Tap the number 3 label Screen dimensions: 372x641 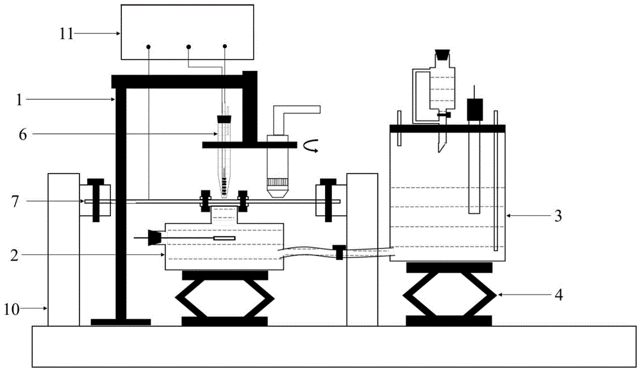558,216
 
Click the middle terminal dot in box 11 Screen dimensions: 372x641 188,47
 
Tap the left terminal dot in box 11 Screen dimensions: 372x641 148,47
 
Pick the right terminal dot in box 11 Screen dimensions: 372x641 225,47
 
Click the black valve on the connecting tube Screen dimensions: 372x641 340,252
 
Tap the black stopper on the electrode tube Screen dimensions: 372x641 224,119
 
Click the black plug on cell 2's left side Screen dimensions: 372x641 154,238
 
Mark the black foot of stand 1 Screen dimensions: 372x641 121,321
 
